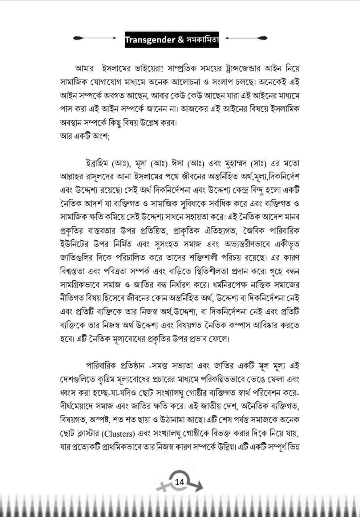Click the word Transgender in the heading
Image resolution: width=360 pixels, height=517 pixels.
click(150, 39)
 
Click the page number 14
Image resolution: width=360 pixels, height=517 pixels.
click(180, 481)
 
